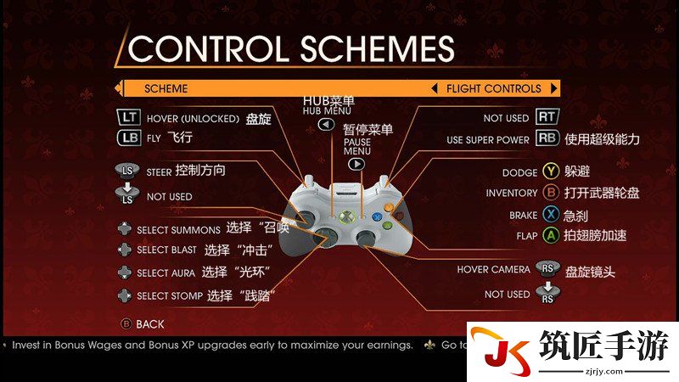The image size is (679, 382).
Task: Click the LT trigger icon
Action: tap(129, 117)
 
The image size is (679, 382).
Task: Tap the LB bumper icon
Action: tap(129, 138)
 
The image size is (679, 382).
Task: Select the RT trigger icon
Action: tap(547, 116)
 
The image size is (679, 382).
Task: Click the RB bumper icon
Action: tap(547, 138)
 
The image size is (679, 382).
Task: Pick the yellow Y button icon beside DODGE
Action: tap(551, 171)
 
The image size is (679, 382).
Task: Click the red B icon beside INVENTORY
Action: tap(551, 193)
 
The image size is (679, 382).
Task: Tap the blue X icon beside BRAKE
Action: tap(551, 214)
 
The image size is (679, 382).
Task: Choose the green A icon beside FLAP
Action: tap(551, 236)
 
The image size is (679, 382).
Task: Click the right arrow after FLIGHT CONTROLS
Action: tap(553, 88)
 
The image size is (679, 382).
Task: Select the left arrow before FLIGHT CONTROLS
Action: tap(435, 88)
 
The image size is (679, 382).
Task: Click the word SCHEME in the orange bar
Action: tap(166, 89)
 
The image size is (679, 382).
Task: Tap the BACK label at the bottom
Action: tap(150, 324)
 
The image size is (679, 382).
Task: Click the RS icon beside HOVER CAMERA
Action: tap(547, 268)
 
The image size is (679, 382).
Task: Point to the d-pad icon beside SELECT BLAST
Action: tap(125, 250)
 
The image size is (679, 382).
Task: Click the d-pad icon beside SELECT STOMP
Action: tap(125, 295)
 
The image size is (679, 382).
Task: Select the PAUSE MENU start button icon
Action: tap(356, 164)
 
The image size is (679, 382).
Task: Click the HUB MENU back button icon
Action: tap(326, 125)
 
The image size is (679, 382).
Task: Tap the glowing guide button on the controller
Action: tap(346, 216)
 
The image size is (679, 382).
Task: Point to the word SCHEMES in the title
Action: tap(377, 48)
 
